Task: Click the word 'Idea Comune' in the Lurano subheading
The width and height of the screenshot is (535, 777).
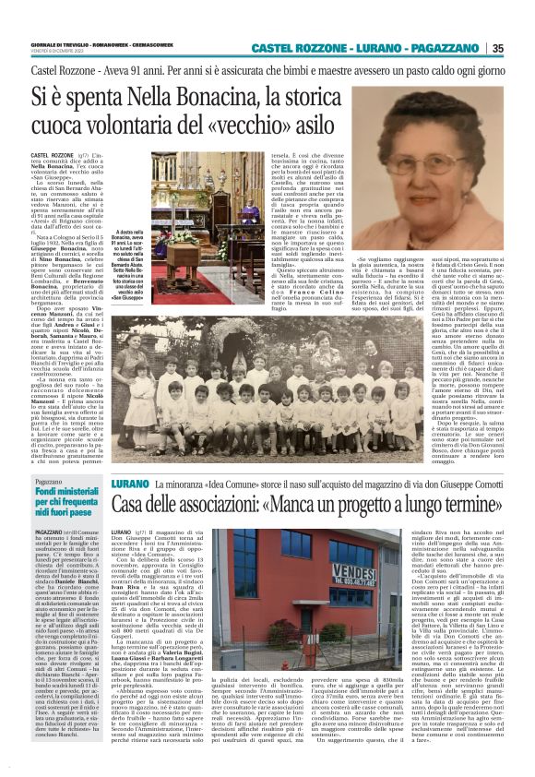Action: coord(225,484)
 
